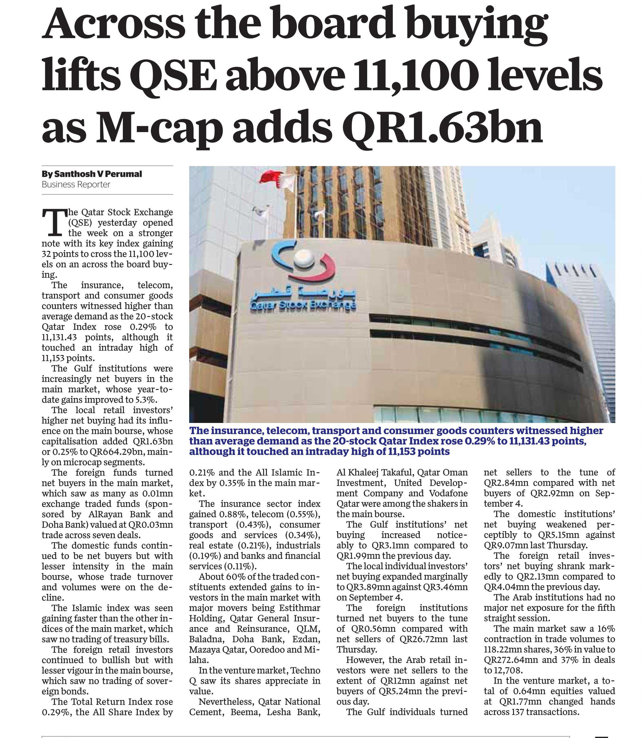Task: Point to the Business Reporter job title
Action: click(76, 185)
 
